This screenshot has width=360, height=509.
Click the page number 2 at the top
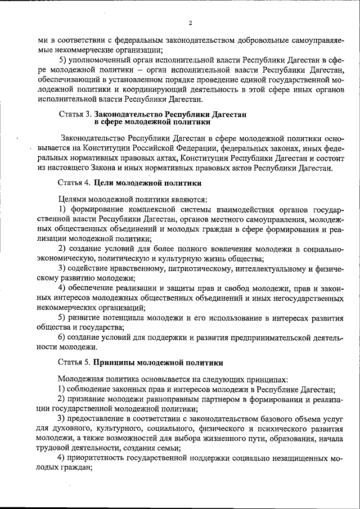(191, 23)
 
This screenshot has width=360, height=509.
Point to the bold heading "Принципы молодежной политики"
(158, 363)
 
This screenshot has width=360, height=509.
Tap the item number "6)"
(64, 337)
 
